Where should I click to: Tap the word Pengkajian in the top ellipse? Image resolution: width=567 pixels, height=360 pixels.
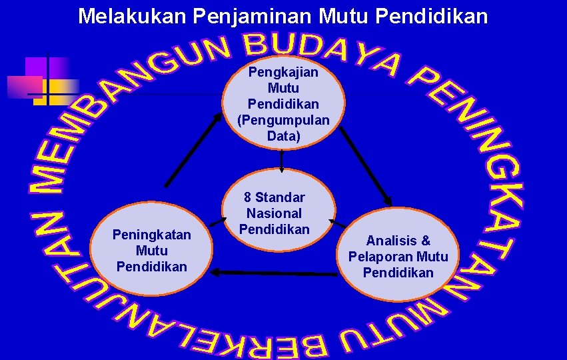click(x=283, y=72)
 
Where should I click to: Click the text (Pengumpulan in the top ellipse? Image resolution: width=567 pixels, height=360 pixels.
click(x=283, y=121)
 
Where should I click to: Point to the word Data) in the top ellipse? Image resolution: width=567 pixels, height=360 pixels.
click(x=283, y=137)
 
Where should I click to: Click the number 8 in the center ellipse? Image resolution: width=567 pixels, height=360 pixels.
click(x=248, y=197)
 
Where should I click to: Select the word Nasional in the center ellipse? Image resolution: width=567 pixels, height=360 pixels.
click(x=274, y=213)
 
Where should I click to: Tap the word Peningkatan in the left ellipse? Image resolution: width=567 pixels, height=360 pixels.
click(x=151, y=235)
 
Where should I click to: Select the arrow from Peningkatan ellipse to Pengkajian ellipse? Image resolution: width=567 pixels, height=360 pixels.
click(x=194, y=148)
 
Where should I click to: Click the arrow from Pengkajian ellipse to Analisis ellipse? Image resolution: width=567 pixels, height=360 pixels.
click(x=366, y=166)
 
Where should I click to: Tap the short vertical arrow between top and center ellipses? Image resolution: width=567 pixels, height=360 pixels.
click(x=282, y=161)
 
